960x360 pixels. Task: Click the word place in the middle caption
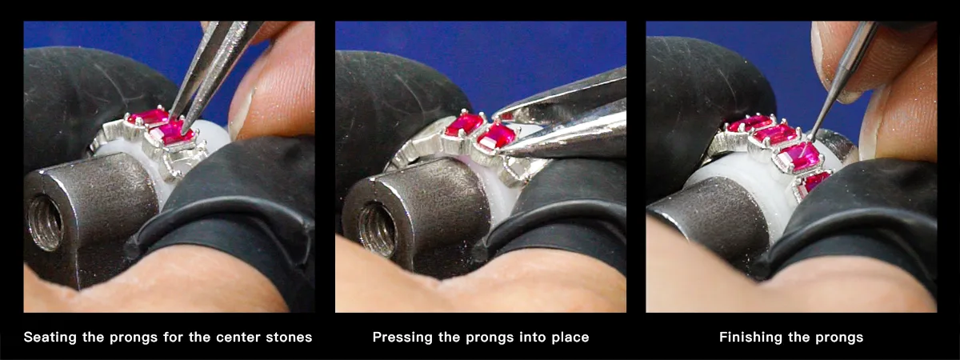point(569,338)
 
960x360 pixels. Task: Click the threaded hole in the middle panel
point(376,229)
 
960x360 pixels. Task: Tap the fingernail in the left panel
point(243,112)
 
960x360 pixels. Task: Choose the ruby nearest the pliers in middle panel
point(496,136)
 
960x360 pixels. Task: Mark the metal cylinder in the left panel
point(96,208)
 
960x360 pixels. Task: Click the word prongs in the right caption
point(839,338)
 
